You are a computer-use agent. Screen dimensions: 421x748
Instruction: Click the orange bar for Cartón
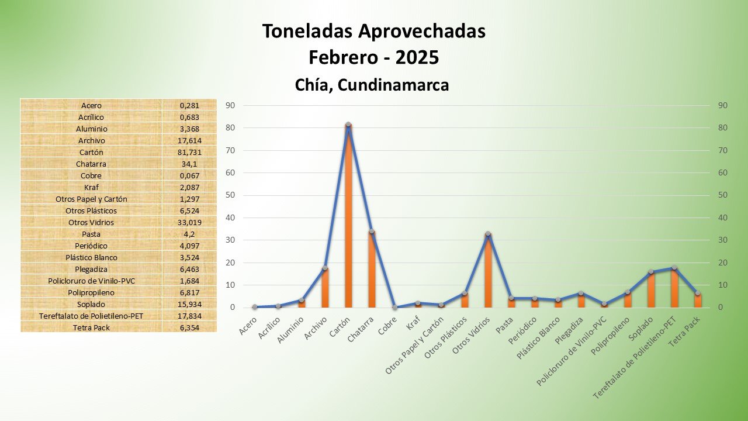coord(348,216)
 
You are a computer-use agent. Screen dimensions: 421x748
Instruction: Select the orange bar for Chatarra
coord(372,269)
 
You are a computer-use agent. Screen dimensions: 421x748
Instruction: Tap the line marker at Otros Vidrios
coord(488,234)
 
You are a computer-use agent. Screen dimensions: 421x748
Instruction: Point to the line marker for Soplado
coord(651,272)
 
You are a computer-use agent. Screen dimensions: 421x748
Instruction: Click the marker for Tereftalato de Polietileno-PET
coord(674,268)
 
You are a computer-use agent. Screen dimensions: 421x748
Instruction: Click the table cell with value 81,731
coord(189,152)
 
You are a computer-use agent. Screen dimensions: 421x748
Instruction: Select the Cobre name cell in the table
coord(91,175)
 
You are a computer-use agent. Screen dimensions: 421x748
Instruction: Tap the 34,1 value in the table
coord(189,164)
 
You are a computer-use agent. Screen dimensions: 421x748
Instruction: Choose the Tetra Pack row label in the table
coord(91,327)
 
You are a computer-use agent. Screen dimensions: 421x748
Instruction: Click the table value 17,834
coord(189,316)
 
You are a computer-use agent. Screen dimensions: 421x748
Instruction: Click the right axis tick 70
coord(722,150)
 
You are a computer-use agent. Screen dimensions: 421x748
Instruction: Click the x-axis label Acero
coord(248,327)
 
